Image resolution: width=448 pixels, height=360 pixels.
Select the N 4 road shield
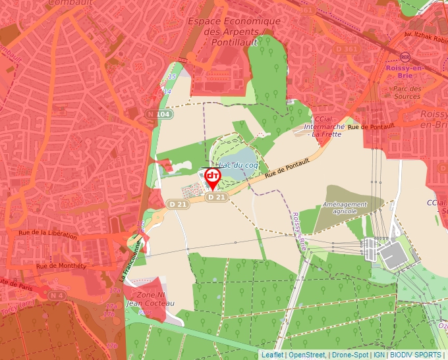pyautogui.click(x=57, y=296)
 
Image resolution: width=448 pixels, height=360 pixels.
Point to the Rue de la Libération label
pyautogui.click(x=48, y=234)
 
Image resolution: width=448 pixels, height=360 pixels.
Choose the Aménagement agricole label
pyautogui.click(x=345, y=208)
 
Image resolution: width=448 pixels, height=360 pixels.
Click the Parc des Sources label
pyautogui.click(x=406, y=92)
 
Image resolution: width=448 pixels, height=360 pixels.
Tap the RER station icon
pyautogui.click(x=405, y=57)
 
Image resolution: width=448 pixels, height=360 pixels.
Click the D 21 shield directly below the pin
pyautogui.click(x=217, y=197)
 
